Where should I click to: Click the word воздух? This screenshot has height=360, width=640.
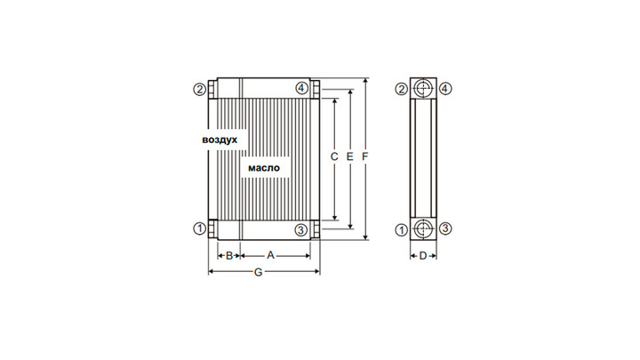pyautogui.click(x=220, y=140)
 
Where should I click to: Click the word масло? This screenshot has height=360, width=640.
pyautogui.click(x=264, y=168)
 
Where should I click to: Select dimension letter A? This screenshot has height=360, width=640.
pyautogui.click(x=270, y=255)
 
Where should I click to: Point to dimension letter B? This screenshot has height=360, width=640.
pyautogui.click(x=229, y=255)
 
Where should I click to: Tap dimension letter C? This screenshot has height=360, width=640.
pyautogui.click(x=334, y=156)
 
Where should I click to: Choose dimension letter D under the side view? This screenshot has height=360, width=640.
pyautogui.click(x=423, y=256)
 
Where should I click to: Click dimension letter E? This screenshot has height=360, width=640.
pyautogui.click(x=350, y=156)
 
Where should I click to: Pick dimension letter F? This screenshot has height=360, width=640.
pyautogui.click(x=365, y=156)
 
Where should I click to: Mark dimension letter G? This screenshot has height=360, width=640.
pyautogui.click(x=258, y=272)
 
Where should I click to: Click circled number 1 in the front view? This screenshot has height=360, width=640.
pyautogui.click(x=200, y=228)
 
